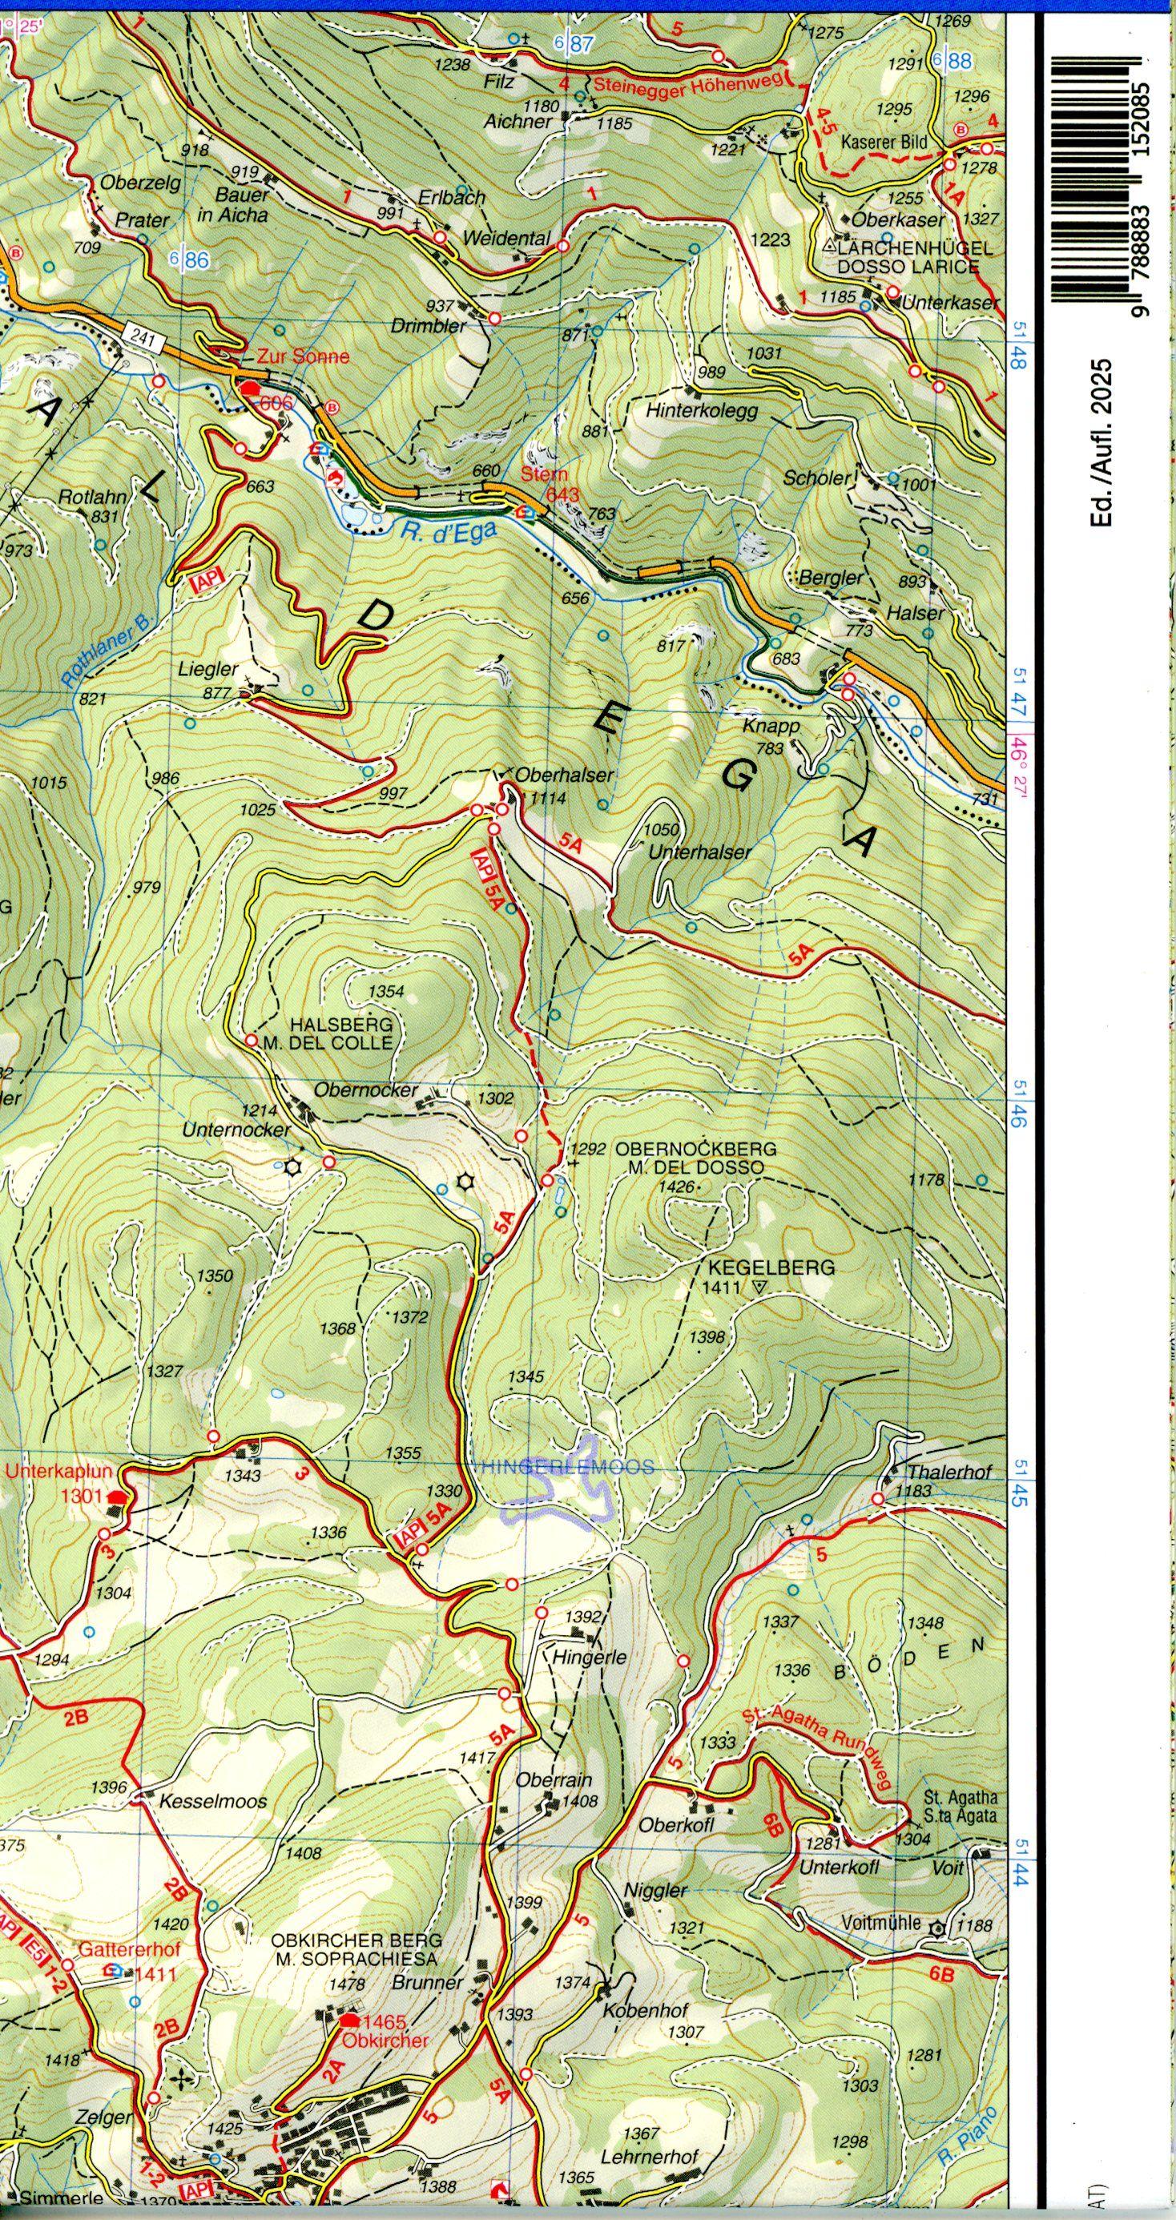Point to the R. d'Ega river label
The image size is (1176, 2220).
coord(449,534)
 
